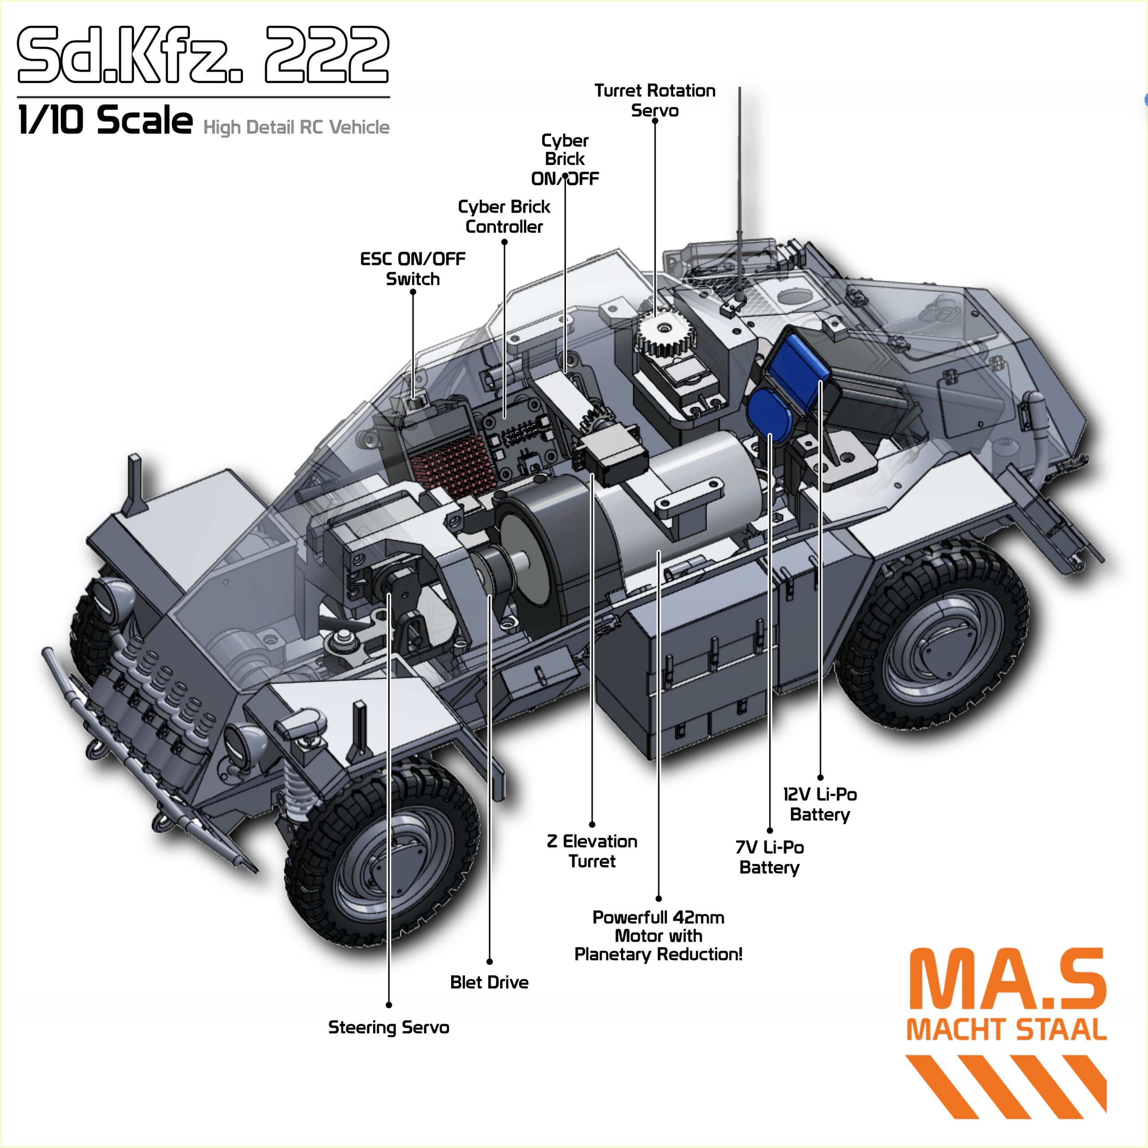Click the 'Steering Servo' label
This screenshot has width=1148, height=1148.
point(389,1027)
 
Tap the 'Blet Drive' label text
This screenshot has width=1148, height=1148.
point(489,982)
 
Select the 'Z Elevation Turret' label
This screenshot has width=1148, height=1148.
point(592,851)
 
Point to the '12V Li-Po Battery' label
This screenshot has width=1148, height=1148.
point(820,804)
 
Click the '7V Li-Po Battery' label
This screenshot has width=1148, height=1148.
point(770,857)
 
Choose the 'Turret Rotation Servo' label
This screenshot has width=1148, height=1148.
point(655,100)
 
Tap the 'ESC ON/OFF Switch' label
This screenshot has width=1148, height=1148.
point(413,269)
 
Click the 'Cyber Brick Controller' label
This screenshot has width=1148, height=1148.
point(504,216)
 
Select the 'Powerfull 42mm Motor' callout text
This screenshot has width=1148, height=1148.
point(658,935)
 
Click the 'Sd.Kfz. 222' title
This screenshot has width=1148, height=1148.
point(203,55)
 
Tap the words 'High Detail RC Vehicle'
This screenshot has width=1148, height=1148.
point(296,127)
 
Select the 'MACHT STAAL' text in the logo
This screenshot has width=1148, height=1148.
point(1007,1030)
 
